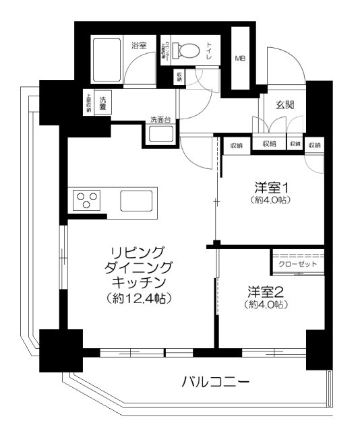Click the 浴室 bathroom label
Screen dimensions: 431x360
click(140, 46)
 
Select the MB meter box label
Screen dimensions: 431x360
click(240, 59)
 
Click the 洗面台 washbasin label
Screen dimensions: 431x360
click(160, 121)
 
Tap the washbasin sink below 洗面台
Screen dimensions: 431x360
click(160, 133)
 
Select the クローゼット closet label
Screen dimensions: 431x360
click(297, 264)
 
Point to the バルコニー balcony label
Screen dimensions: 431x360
click(216, 383)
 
